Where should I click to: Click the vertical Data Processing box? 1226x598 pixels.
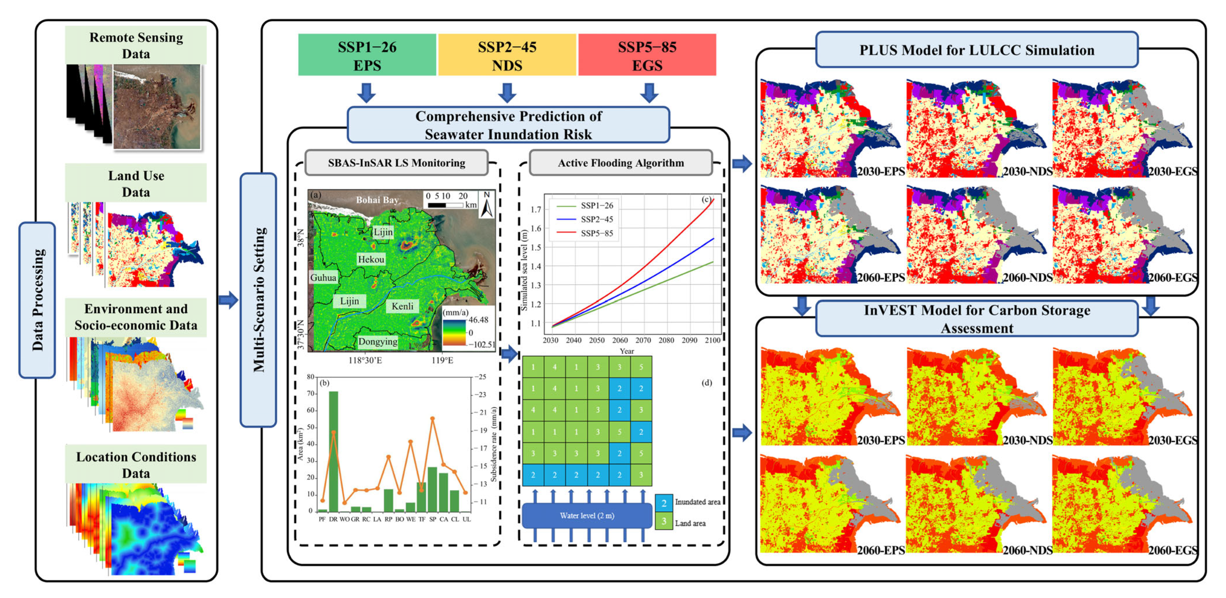37,300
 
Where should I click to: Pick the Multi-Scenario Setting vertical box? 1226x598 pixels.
258,300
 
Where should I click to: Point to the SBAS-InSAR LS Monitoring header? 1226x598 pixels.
396,163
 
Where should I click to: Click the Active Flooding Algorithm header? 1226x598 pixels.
621,163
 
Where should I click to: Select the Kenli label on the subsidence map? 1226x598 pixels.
402,306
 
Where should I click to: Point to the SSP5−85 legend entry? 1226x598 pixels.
596,233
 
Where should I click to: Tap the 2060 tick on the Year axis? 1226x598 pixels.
620,340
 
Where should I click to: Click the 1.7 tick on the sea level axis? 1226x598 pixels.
536,209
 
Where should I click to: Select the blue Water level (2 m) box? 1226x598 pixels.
587,516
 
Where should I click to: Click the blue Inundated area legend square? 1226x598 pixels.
664,503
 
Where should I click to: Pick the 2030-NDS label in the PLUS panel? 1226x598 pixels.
1027,171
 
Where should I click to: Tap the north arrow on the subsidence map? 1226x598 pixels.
487,205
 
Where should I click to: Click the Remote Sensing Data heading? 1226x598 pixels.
136,45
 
